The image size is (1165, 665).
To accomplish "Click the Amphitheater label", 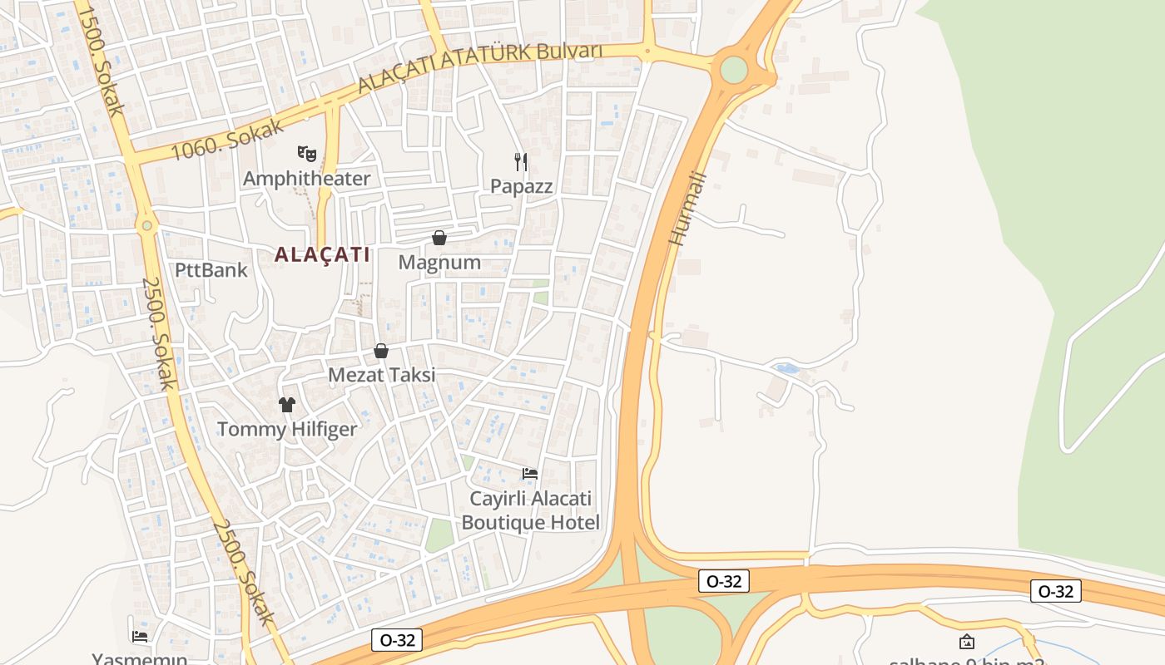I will [306, 179].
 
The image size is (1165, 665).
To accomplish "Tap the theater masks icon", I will [307, 153].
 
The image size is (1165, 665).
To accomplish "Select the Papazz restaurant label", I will [521, 186].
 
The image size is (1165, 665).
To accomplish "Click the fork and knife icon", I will [521, 161].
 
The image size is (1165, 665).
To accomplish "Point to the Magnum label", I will [439, 263].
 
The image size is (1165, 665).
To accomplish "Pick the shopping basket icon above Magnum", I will [439, 239].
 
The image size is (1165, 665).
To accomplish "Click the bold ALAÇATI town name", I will [322, 254].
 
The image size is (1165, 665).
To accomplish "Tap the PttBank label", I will [211, 270].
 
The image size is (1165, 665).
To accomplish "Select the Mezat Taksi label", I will [381, 375].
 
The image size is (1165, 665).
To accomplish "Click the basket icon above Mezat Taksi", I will [381, 351].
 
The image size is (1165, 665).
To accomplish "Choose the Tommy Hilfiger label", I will [287, 430].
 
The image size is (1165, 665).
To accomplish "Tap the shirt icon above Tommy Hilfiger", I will [287, 405].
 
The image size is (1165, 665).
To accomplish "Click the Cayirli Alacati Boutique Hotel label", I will [530, 510].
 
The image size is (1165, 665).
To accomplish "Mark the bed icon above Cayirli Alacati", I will [529, 474].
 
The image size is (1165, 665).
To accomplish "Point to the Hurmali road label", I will [687, 208].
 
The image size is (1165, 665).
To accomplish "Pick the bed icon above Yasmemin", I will [140, 637].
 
